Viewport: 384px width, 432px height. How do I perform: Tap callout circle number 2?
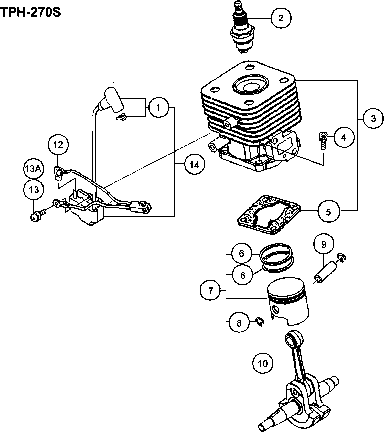tap(281, 18)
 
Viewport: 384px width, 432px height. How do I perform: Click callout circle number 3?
tap(373, 118)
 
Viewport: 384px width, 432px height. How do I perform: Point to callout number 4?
tap(344, 137)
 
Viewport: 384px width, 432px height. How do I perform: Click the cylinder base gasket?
tap(269, 214)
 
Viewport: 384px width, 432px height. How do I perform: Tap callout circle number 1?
tap(158, 107)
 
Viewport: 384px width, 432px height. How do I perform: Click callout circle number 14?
tap(194, 165)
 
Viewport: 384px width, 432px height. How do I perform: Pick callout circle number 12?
tap(58, 145)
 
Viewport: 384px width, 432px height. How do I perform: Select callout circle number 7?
tap(210, 291)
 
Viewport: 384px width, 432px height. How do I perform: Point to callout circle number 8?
tap(239, 323)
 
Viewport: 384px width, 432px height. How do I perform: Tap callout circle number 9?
tap(324, 244)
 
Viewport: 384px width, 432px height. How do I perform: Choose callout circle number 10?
tap(263, 363)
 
